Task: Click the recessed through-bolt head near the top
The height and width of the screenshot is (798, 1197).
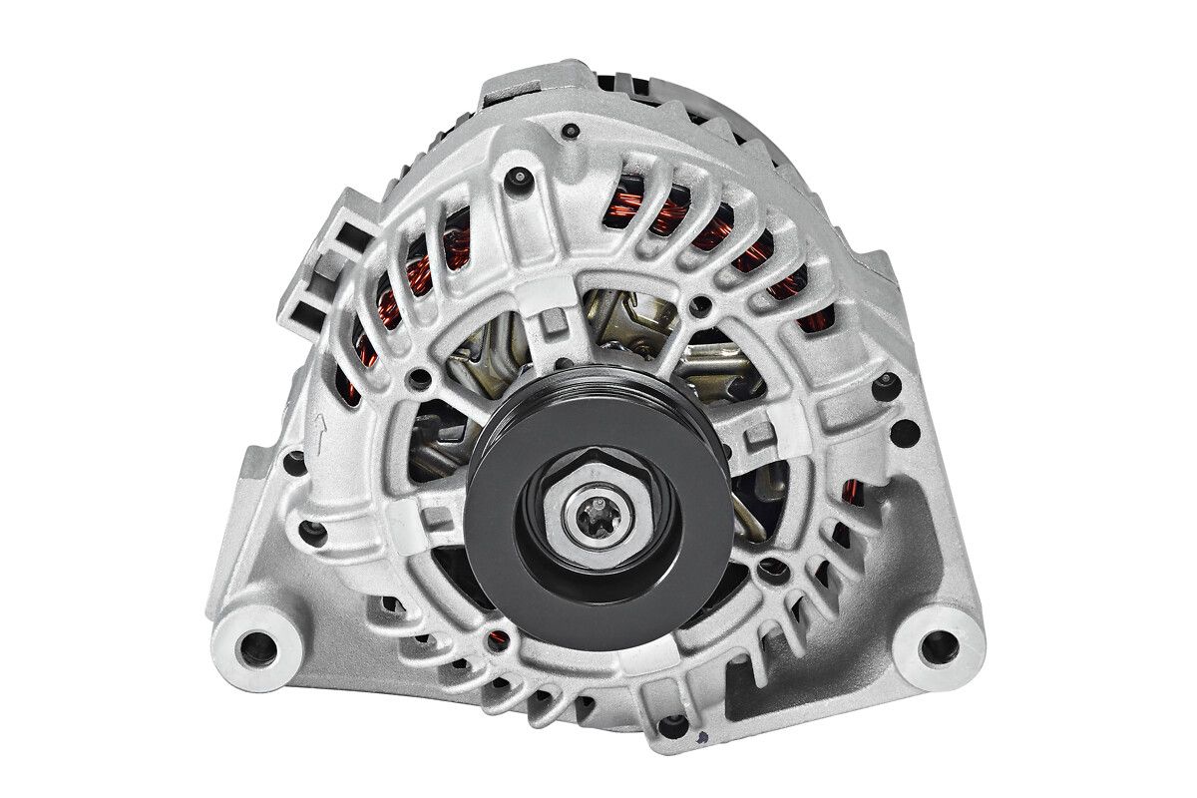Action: (x=520, y=178)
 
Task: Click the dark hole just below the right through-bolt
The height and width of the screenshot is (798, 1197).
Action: (x=905, y=433)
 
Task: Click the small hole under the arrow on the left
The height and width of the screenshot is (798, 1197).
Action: (x=296, y=462)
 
